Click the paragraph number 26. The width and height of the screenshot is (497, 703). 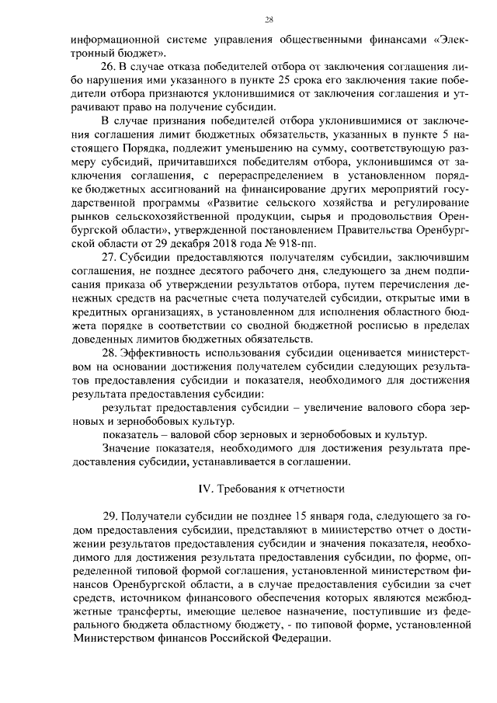110,68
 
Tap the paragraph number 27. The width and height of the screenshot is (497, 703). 110,257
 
